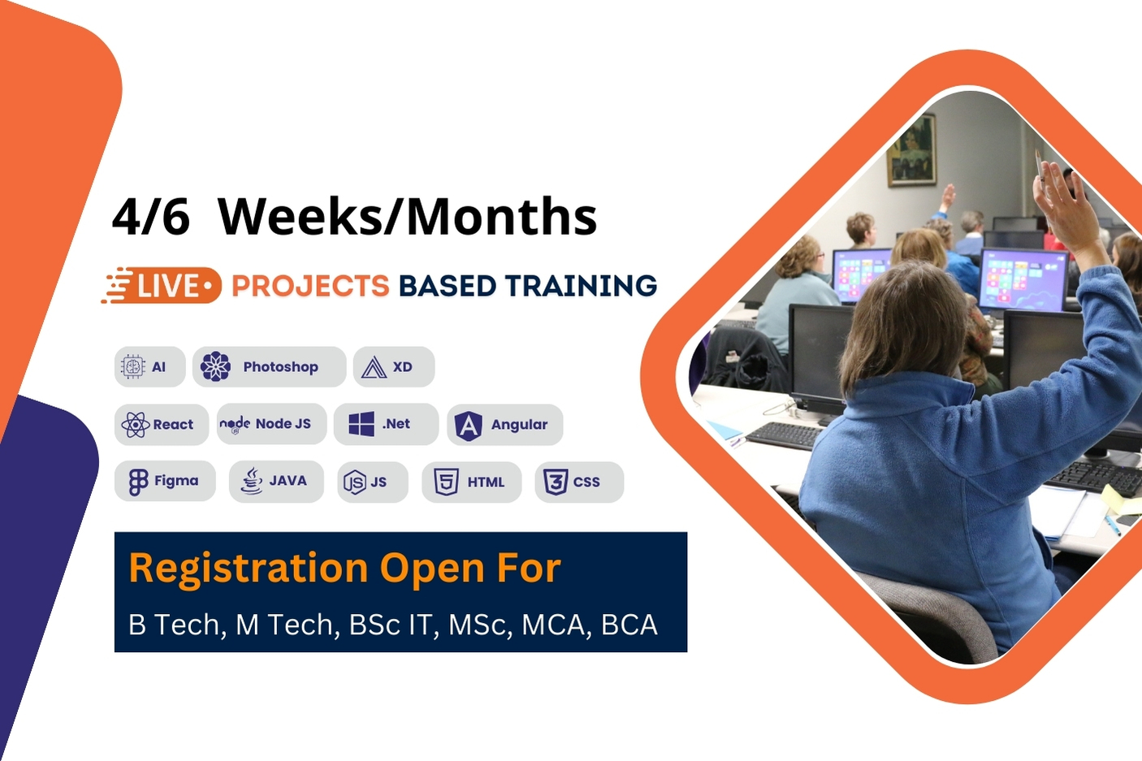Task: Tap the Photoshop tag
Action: (269, 367)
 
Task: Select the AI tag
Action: (149, 367)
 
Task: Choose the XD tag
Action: (393, 367)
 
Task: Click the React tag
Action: (161, 424)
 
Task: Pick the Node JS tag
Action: (271, 424)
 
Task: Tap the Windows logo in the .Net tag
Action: (361, 424)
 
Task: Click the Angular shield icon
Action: (469, 425)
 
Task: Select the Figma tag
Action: (165, 481)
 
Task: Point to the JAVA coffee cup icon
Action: (252, 481)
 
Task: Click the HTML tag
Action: (471, 482)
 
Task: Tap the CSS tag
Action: (578, 482)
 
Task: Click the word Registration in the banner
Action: (249, 569)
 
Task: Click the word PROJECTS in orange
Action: (310, 286)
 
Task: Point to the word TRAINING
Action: (581, 286)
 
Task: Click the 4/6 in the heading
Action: (151, 217)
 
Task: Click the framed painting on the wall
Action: (911, 150)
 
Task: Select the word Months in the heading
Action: (501, 217)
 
